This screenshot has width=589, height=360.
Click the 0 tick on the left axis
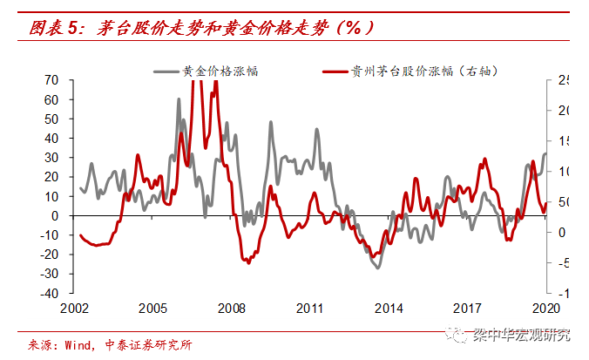pos(55,216)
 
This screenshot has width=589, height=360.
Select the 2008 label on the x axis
pos(231,309)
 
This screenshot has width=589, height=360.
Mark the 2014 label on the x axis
pos(389,309)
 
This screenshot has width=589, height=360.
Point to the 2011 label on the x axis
pos(309,309)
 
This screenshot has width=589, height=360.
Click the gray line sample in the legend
pos(166,71)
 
